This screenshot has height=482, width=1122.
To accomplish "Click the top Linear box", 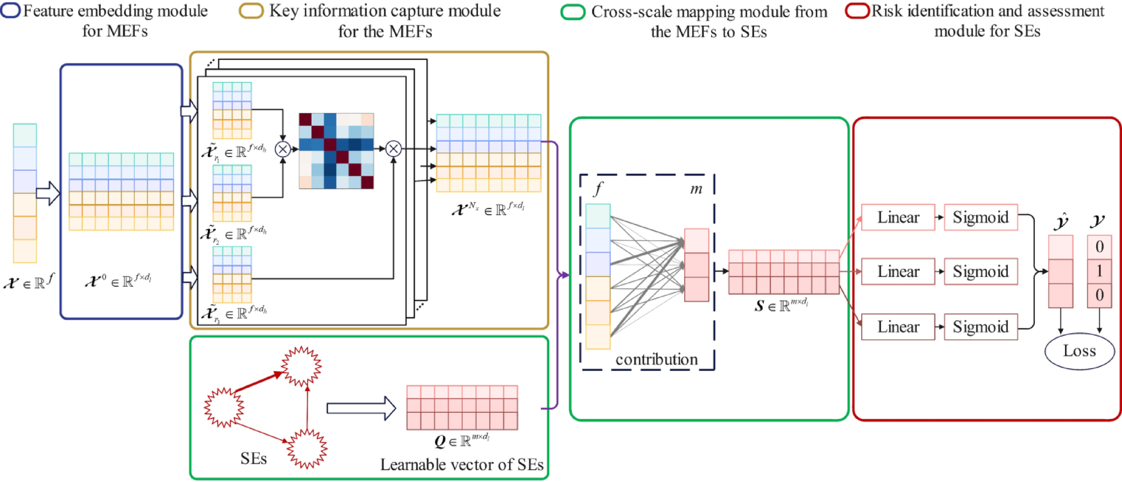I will click(897, 217).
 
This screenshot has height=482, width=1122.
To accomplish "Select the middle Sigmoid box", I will click(981, 271).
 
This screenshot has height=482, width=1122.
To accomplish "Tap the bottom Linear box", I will click(897, 327).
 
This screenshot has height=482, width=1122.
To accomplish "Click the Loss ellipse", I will click(1080, 351).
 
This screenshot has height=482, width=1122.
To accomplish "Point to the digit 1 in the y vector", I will click(1099, 271).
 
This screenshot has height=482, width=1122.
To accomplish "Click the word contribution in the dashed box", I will click(657, 359).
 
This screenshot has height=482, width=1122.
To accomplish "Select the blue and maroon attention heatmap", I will click(336, 151).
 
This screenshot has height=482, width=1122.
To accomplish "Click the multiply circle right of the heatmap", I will click(393, 149).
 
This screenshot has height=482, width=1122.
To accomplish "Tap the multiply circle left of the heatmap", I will click(283, 149).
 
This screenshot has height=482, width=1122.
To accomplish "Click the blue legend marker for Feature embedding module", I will click(11, 11).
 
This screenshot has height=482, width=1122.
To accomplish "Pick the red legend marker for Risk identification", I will click(857, 11).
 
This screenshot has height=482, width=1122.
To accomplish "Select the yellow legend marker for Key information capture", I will click(251, 11).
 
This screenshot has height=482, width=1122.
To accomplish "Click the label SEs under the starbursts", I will click(253, 459).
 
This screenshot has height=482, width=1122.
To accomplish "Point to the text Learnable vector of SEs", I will click(462, 465).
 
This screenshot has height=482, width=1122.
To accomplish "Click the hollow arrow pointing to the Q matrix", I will click(361, 408).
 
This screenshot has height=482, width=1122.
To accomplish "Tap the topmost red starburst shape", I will click(302, 366).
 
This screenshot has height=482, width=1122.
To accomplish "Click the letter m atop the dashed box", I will click(696, 189).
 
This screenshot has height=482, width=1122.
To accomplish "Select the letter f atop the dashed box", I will click(598, 189).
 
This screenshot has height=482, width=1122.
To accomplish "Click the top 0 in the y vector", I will click(1099, 247).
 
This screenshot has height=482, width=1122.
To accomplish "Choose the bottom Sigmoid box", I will click(981, 327).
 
